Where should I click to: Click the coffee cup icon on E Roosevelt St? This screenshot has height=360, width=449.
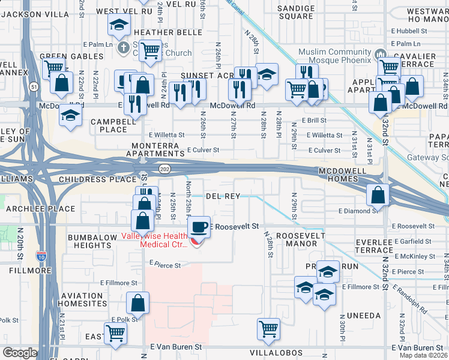click(199, 226)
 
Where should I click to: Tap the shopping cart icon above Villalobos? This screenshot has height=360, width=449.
click(268, 328)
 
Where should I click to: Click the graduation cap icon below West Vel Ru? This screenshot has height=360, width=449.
click(119, 25)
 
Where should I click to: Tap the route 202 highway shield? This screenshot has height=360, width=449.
click(163, 170)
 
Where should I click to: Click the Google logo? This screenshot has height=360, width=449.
click(20, 353)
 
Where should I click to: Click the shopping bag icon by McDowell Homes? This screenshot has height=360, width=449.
click(377, 195)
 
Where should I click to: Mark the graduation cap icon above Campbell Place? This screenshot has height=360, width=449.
click(70, 115)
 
